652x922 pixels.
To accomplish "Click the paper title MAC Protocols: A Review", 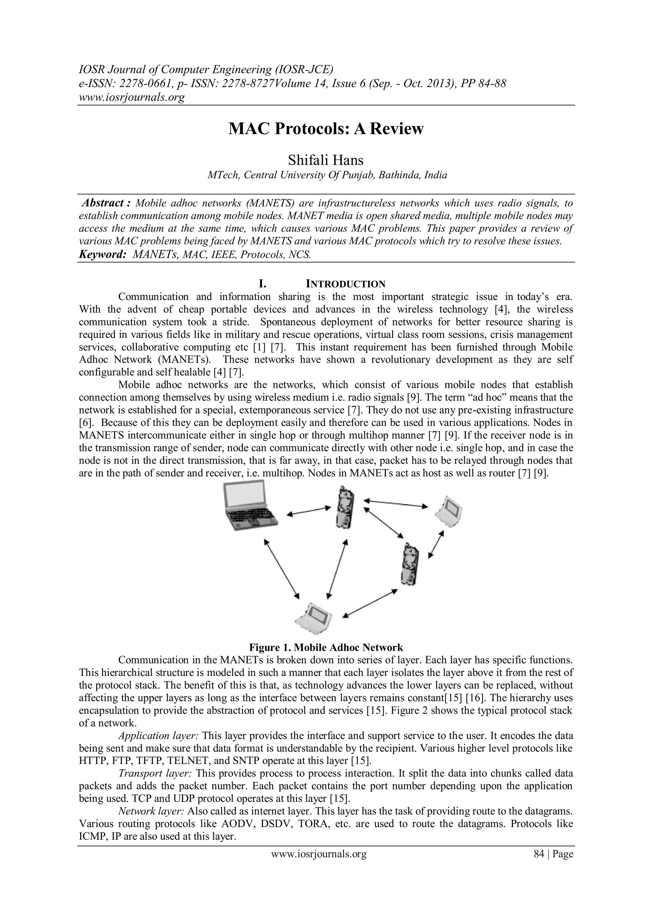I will click(326, 129).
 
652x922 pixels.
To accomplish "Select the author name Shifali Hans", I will click(326, 160).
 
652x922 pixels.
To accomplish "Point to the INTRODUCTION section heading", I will click(345, 284).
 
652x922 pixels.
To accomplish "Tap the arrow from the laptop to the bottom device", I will click(281, 569).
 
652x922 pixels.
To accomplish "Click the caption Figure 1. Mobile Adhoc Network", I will click(326, 647).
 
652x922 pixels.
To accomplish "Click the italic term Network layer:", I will click(151, 811).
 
